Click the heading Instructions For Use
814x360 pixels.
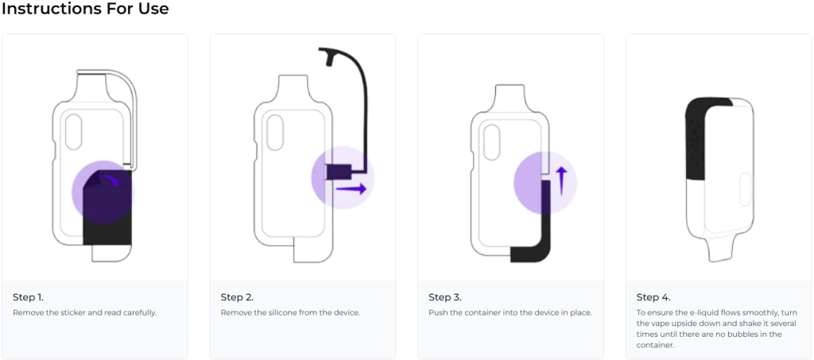click(85, 9)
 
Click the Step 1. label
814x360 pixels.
click(28, 297)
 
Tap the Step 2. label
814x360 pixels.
click(237, 297)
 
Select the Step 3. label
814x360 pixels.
click(445, 297)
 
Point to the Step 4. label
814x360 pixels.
click(653, 297)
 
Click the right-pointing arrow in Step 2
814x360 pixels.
click(351, 189)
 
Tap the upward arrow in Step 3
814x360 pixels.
click(561, 180)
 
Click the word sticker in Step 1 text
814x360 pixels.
click(70, 313)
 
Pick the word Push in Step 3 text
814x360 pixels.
click(436, 313)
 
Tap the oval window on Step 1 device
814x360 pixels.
click(74, 132)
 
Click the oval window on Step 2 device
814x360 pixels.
click(274, 133)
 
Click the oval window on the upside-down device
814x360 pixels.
click(744, 190)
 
